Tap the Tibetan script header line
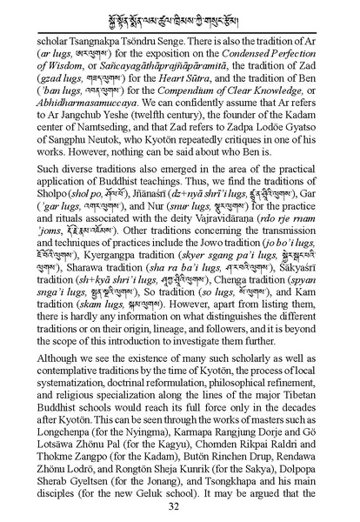coord(180,16)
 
